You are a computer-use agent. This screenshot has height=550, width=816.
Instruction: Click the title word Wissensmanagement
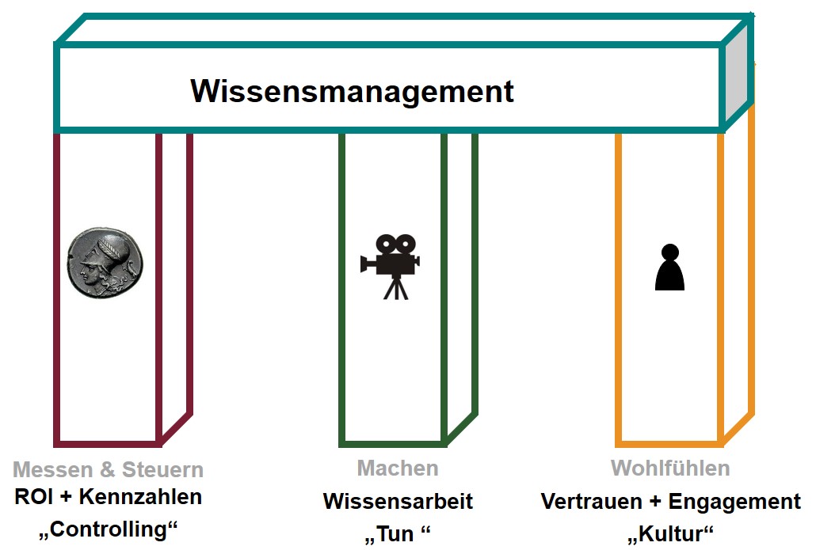pyautogui.click(x=352, y=91)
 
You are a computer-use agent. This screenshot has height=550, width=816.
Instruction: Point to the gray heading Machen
pyautogui.click(x=398, y=468)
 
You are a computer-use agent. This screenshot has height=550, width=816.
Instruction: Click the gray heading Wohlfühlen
pyautogui.click(x=670, y=468)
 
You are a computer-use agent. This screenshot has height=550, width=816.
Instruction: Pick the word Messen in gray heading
pyautogui.click(x=51, y=470)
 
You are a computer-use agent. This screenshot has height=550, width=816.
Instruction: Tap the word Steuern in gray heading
pyautogui.click(x=162, y=470)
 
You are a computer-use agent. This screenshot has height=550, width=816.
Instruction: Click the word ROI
pyautogui.click(x=34, y=498)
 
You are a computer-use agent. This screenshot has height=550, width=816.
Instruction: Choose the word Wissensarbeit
pyautogui.click(x=398, y=501)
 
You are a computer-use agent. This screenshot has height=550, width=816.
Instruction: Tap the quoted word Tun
pyautogui.click(x=396, y=534)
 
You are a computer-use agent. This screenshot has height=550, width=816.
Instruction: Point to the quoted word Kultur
pyautogui.click(x=670, y=534)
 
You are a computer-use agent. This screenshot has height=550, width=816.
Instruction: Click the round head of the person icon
pyautogui.click(x=669, y=252)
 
